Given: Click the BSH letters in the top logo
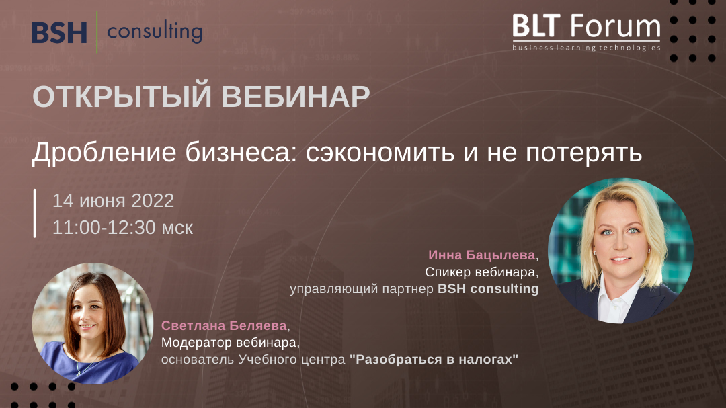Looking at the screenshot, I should tap(60, 32).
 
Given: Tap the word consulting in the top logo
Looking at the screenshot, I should tap(155, 32).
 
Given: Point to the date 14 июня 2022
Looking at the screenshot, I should tap(114, 200).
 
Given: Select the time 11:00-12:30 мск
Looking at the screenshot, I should tap(123, 227).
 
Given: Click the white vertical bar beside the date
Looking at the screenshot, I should tap(35, 213).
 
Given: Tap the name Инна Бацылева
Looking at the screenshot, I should tap(483, 255).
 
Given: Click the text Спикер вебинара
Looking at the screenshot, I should tap(482, 272).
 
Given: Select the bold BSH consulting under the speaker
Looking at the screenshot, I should tap(488, 289).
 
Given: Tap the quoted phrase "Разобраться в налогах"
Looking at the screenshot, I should tap(434, 359).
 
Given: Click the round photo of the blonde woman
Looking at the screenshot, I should tap(620, 251).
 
